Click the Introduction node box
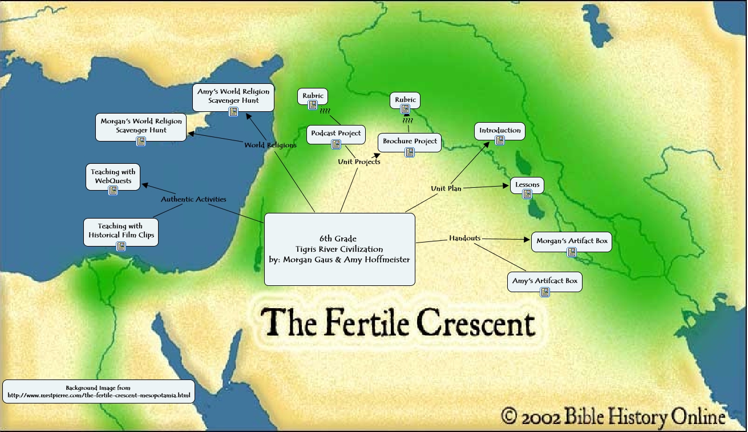(500, 131)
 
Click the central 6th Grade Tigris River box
(339, 249)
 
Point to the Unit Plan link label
(446, 188)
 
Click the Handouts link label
(464, 238)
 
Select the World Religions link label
(270, 145)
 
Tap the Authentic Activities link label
(193, 199)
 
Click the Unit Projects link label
(359, 162)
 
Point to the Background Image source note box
(98, 391)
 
